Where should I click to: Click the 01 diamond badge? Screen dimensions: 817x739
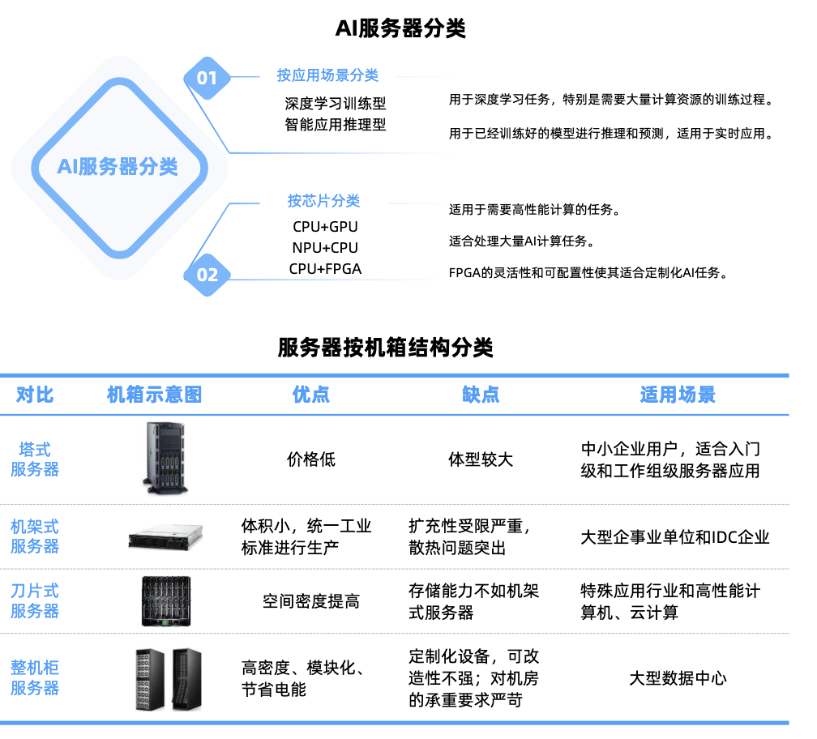(207, 78)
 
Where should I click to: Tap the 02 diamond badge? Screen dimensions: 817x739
(207, 275)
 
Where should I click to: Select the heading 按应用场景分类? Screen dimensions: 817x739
(327, 75)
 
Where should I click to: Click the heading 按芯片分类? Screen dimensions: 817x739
(323, 200)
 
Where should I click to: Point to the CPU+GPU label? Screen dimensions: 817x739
(325, 227)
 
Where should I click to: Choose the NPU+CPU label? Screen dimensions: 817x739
(325, 248)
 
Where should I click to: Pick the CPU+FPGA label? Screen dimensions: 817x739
(325, 269)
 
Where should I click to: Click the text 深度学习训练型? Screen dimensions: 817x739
(336, 104)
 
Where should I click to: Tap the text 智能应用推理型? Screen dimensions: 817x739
(336, 125)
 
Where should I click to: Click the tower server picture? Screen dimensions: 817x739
(165, 459)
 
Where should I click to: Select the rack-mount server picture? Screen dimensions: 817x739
(165, 537)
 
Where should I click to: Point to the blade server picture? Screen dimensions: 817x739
(166, 601)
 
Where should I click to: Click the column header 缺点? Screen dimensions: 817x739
(481, 395)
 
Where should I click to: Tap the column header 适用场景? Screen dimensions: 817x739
(678, 395)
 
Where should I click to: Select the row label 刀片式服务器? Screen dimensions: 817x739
(35, 601)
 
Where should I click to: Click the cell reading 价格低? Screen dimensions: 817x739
(311, 459)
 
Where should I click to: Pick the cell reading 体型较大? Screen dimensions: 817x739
(481, 459)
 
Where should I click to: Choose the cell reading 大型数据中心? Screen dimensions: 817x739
(678, 678)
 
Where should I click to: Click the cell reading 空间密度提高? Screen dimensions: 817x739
(311, 601)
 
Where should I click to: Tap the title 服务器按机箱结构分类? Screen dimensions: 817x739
(385, 348)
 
